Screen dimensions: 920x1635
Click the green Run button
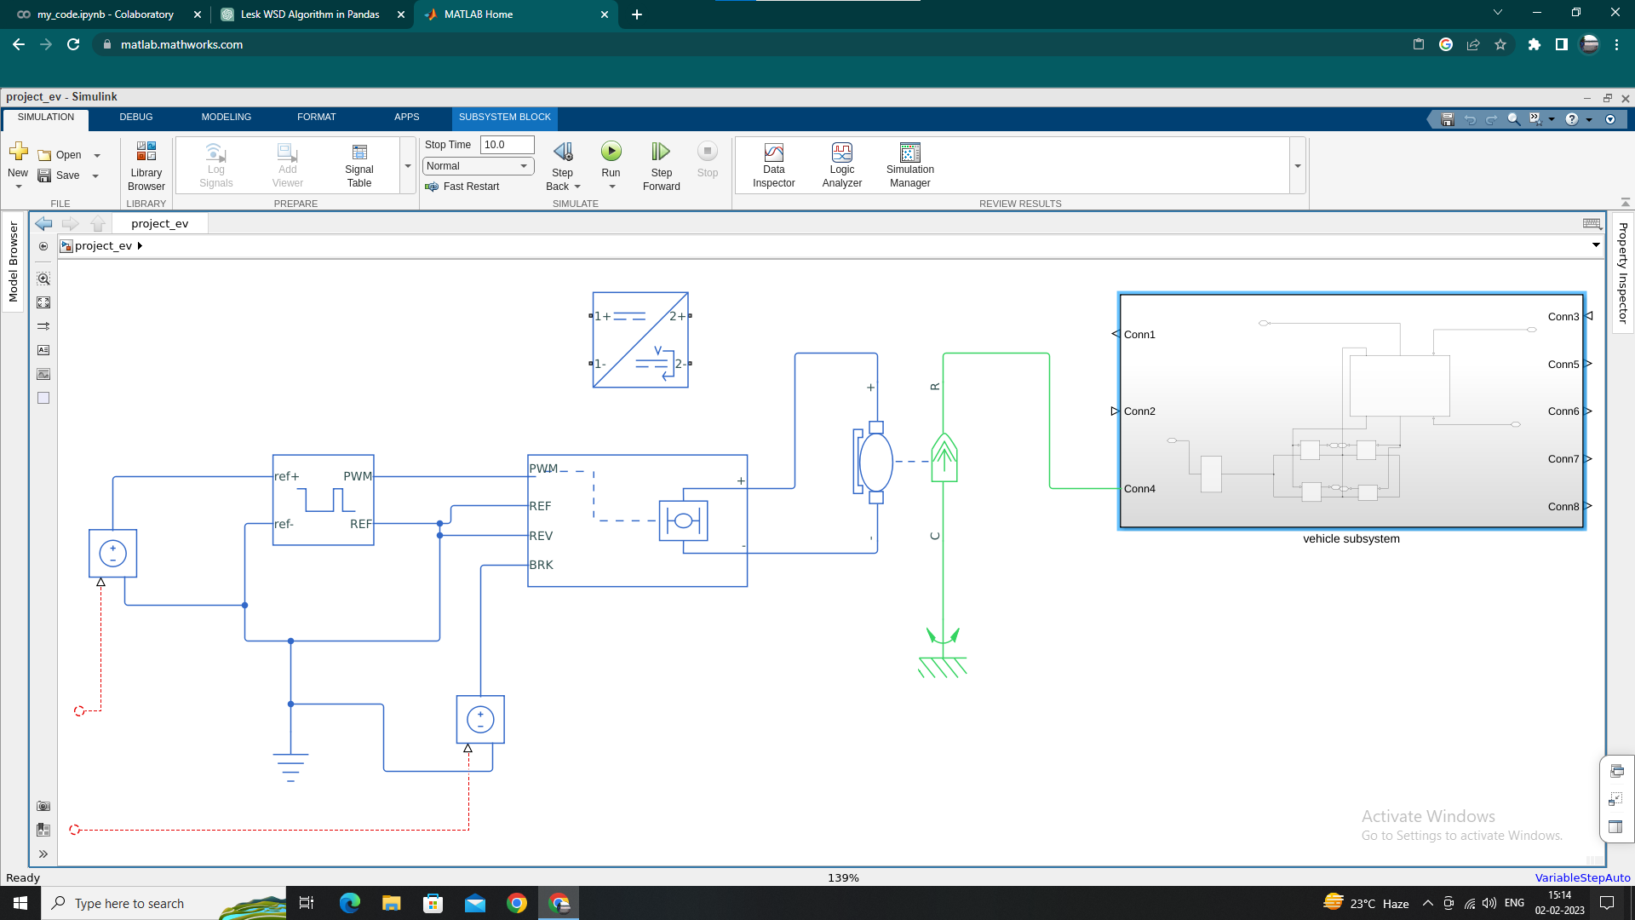611,152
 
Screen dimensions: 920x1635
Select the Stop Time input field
507,145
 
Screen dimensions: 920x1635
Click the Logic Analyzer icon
841,152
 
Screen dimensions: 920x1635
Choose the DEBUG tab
136,117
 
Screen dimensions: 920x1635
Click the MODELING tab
226,117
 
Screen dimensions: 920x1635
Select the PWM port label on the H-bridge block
543,469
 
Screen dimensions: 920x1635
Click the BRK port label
541,565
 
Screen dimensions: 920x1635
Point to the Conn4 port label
1139,489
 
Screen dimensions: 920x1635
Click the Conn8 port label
1563,507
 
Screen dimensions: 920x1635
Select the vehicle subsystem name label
1351,539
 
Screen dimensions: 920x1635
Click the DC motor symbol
875,462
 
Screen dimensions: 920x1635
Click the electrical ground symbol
290,766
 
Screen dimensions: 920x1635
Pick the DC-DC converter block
640,340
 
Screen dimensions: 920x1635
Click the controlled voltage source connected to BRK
480,720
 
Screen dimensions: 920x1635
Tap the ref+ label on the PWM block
286,476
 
